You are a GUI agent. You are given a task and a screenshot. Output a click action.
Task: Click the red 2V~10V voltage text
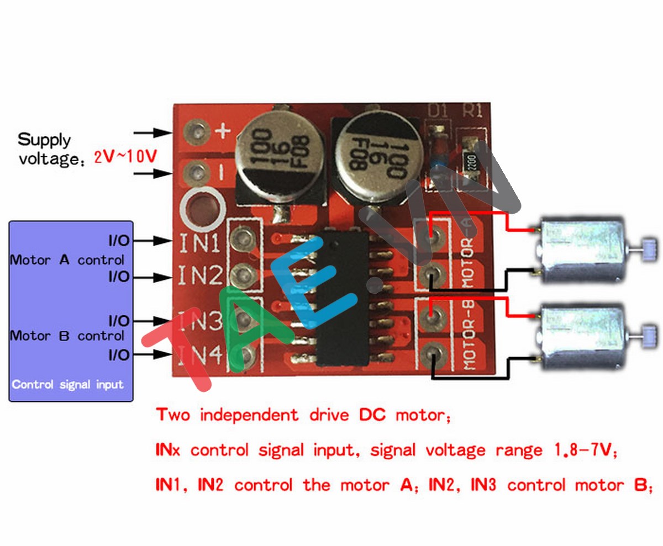pos(125,157)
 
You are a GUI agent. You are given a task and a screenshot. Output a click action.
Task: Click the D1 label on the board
pos(438,111)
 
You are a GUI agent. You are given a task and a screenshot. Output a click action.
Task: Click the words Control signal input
pos(67,384)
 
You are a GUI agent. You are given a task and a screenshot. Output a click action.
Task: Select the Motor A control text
pos(67,259)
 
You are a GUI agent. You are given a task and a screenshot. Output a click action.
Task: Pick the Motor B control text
pos(67,336)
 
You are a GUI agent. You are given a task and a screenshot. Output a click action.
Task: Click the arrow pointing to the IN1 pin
pos(155,241)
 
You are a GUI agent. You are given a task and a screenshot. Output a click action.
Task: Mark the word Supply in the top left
pos(44,139)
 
